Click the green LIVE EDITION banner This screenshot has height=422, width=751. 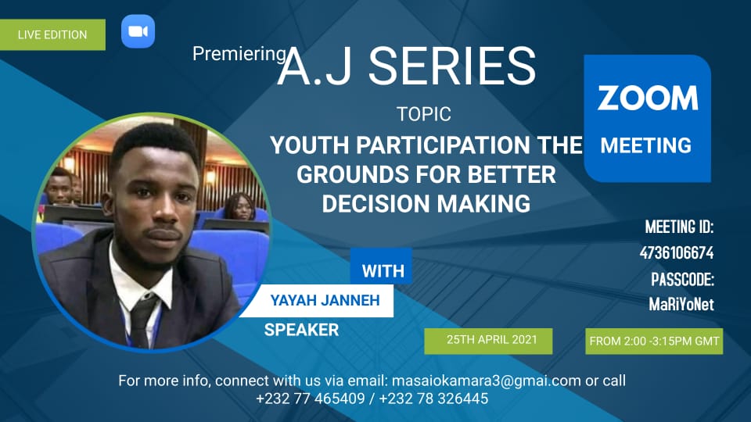52,34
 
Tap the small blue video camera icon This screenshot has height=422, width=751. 138,31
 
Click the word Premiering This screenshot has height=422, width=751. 239,54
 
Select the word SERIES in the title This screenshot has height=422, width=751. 451,66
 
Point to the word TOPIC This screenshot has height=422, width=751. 424,114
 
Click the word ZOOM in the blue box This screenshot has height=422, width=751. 648,98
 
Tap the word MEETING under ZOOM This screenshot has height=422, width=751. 646,145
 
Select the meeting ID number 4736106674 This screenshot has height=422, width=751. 677,252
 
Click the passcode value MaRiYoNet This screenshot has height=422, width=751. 681,304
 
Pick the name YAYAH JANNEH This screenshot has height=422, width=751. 325,300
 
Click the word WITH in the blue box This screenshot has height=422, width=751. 383,271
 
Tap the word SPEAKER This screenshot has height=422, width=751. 302,330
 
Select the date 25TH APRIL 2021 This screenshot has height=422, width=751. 492,340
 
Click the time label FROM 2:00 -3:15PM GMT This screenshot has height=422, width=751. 654,342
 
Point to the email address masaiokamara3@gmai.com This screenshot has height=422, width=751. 486,381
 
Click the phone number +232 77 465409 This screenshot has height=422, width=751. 311,399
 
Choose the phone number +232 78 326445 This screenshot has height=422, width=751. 433,399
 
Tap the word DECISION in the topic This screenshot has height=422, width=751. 375,204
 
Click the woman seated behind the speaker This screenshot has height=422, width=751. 239,207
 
